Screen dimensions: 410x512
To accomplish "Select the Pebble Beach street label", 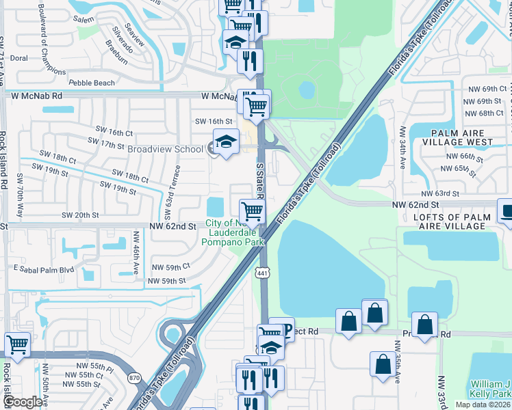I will pos(92,83).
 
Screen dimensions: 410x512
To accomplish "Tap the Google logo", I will pos(22,402).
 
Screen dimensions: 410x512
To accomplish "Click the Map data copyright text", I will pos(482,405).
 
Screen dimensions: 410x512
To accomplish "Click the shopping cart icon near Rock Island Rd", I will pos(16,344).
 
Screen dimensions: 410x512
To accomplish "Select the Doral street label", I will pos(18,58).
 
